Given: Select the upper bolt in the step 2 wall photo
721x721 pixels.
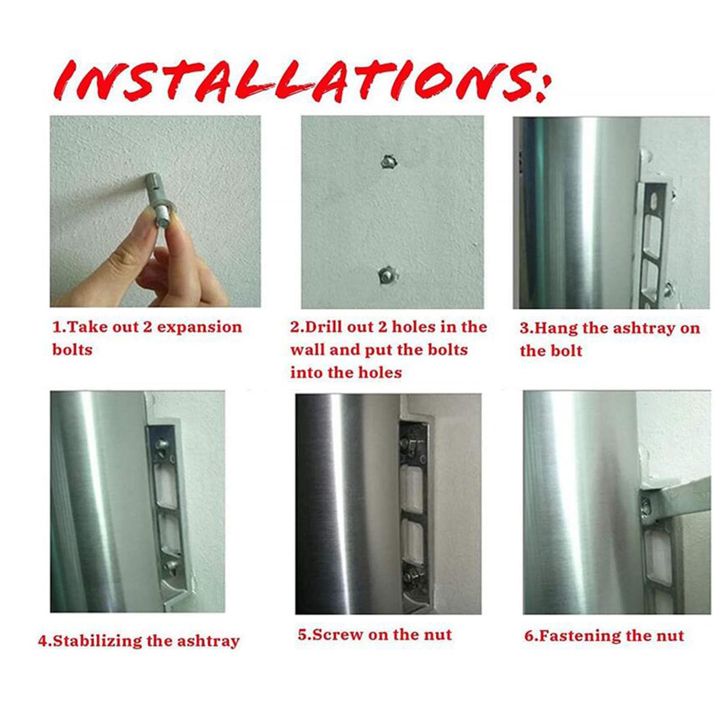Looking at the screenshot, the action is [388, 161].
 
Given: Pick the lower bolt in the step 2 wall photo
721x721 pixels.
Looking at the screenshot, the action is [387, 273].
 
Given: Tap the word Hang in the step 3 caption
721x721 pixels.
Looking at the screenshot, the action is [556, 328].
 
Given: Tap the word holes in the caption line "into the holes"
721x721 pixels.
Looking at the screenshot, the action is [381, 372].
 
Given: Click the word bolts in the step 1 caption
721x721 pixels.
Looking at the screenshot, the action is [72, 350].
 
